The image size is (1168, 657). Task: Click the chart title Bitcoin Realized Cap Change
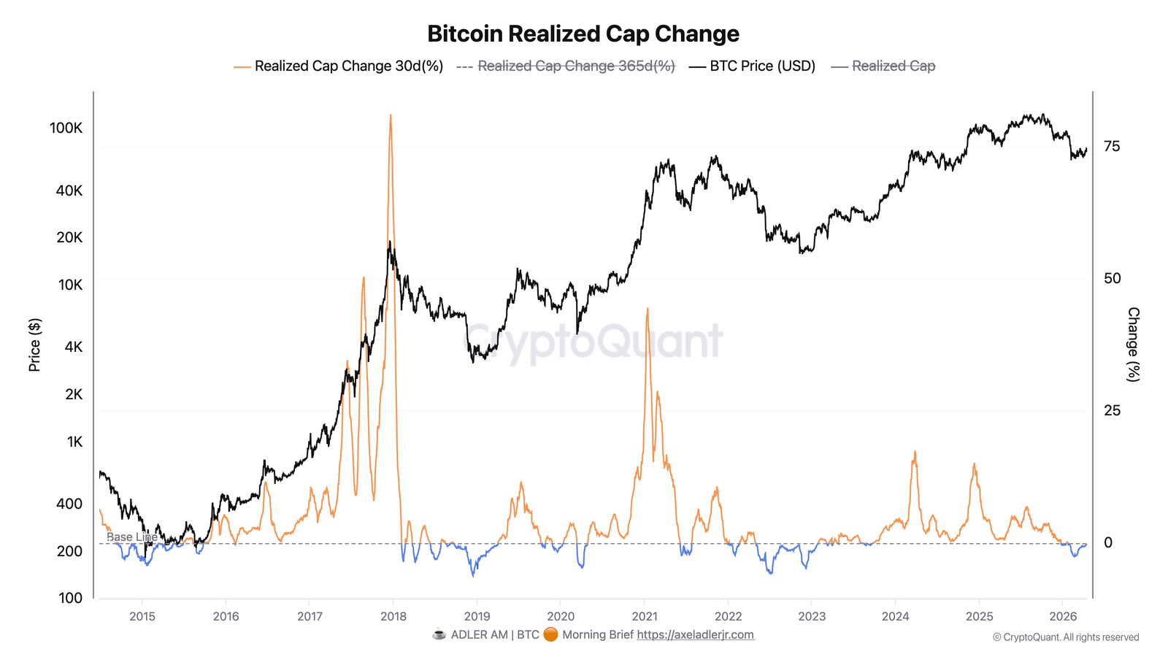(x=583, y=34)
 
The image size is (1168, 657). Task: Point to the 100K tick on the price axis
(x=66, y=128)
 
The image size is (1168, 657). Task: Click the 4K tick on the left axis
(x=73, y=347)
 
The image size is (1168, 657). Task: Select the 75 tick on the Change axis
(x=1112, y=147)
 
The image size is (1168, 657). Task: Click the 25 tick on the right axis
(x=1112, y=410)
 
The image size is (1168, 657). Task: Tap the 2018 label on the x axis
(x=393, y=616)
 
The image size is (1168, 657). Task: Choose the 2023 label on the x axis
(x=812, y=616)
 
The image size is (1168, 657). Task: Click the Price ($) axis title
(x=34, y=345)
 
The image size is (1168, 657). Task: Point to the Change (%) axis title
(x=1133, y=345)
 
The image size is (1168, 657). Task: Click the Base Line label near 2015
(x=131, y=537)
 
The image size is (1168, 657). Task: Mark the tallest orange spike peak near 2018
(x=391, y=115)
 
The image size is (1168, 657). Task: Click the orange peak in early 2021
(x=647, y=309)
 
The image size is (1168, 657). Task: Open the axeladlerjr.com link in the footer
(x=695, y=634)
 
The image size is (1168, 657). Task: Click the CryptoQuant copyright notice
(x=1065, y=637)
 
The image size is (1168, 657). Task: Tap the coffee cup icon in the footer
(x=439, y=634)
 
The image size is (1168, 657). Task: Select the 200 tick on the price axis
(x=69, y=551)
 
